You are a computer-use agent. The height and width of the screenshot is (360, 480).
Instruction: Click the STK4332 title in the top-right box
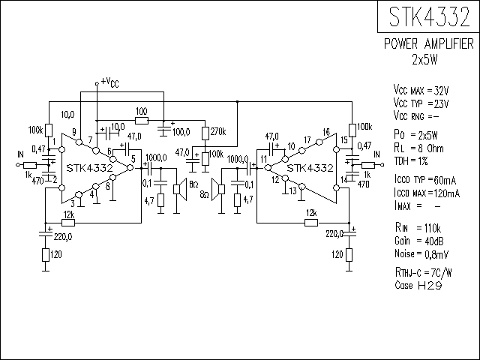[x=429, y=16]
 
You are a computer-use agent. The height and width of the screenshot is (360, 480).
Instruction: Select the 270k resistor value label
[x=218, y=132]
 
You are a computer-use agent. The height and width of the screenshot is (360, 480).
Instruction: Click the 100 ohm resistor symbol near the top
[x=142, y=121]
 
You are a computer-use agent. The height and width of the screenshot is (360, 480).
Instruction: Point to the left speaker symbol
[x=180, y=190]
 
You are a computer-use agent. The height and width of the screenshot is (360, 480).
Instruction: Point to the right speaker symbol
[x=218, y=190]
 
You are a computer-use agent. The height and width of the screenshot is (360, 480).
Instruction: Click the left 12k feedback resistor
[x=68, y=223]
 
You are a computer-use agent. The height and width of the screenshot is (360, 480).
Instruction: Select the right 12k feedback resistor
[x=311, y=223]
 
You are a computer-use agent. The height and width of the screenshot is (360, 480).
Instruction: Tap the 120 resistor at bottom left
[x=46, y=255]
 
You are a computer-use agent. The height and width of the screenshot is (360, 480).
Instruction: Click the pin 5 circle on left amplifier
[x=130, y=168]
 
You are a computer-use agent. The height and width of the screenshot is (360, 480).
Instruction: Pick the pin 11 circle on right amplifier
[x=268, y=168]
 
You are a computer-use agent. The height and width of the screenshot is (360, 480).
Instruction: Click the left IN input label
[x=20, y=154]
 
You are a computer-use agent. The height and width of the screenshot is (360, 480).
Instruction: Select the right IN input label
[x=376, y=154]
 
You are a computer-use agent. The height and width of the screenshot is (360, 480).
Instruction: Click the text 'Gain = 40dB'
[x=419, y=241]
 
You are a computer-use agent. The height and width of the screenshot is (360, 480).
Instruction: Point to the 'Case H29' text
[x=418, y=285]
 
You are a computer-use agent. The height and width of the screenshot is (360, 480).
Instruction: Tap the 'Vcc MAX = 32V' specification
[x=421, y=91]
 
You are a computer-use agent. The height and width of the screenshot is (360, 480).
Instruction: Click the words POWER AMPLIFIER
[x=429, y=44]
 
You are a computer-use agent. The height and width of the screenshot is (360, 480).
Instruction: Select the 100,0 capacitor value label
[x=181, y=132]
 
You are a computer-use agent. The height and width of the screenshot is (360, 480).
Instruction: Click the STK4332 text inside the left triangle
[x=90, y=168]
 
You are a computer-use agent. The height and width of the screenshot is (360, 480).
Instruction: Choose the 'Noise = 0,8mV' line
[x=421, y=254]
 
